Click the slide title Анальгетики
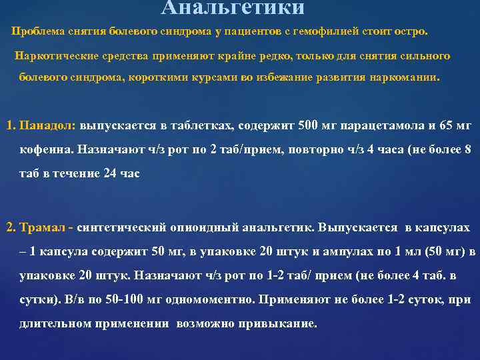coord(233,8)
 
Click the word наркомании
coord(405,77)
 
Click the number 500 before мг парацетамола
coord(309,125)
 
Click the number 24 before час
coord(105,173)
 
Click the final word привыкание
coord(280,324)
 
